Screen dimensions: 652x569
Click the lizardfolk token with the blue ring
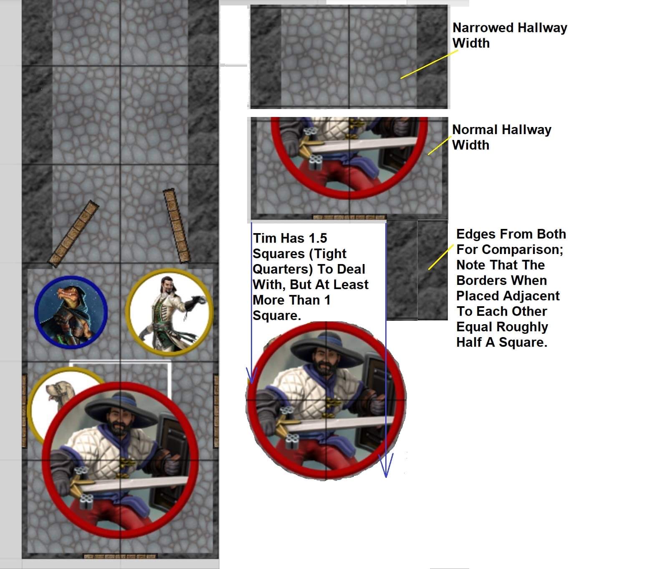coord(71,312)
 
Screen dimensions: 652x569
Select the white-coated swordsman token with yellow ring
coord(169,312)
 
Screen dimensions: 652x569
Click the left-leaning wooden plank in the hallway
coord(73,234)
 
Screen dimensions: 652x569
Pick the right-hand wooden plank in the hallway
coord(177,226)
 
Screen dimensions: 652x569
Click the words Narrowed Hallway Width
coord(510,36)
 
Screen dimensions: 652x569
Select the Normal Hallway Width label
coord(502,137)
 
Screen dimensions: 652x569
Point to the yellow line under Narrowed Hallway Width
coord(429,64)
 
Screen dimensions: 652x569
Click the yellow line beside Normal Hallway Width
coord(440,146)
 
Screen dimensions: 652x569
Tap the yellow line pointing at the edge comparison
coord(441,257)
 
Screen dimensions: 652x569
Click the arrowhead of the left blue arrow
coord(251,376)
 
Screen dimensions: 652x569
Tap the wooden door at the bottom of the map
coord(120,556)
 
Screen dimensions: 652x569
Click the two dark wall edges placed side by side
coord(417,270)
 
